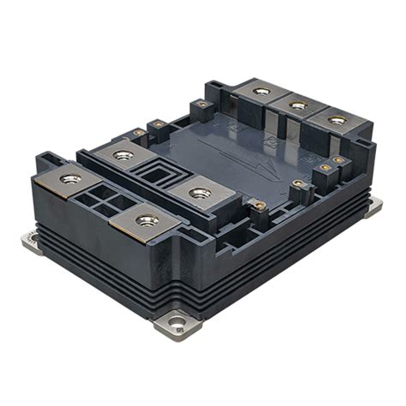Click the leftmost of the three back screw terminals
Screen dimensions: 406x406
click(260, 90)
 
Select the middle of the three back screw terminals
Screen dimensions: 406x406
click(297, 105)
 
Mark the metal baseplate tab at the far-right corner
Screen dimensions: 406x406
click(373, 206)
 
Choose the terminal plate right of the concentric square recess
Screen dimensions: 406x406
click(200, 193)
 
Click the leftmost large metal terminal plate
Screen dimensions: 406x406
click(70, 179)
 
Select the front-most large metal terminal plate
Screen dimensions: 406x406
click(146, 221)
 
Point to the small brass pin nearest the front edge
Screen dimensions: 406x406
click(254, 205)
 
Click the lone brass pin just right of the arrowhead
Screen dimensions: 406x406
click(297, 183)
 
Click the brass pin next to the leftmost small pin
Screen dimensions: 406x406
click(158, 124)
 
